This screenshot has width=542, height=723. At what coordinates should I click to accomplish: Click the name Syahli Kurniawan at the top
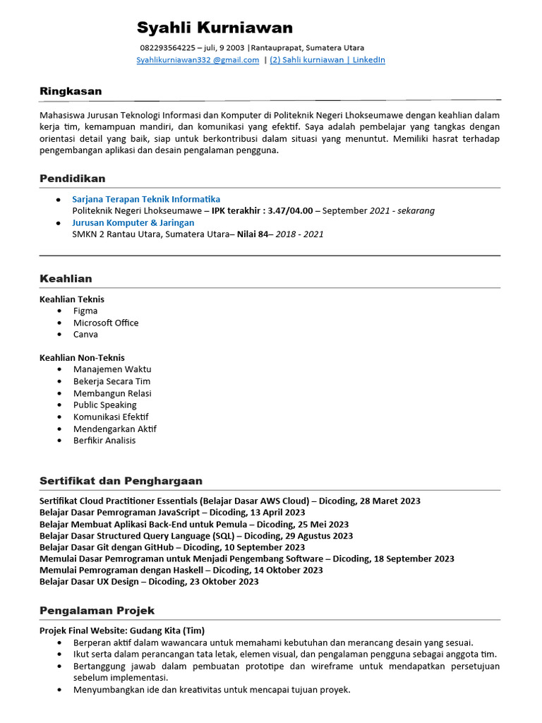tap(215, 28)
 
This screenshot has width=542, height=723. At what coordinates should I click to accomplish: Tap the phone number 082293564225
tap(167, 48)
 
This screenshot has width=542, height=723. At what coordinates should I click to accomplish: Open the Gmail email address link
tap(198, 60)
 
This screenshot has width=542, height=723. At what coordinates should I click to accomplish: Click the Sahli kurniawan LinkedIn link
tap(327, 60)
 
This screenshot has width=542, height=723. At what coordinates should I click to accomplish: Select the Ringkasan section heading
tap(71, 91)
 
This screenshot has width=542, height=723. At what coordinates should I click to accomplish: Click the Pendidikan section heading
tap(73, 179)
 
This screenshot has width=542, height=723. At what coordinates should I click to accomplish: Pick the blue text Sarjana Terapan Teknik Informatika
tap(146, 199)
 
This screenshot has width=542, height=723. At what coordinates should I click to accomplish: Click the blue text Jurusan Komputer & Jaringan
tap(133, 222)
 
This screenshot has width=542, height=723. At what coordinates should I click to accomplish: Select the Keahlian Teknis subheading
tap(72, 299)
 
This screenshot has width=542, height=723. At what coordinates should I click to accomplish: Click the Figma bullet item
tap(85, 311)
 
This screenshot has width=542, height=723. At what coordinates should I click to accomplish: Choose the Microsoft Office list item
tap(106, 323)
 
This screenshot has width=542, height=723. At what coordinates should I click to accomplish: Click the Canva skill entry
tap(85, 334)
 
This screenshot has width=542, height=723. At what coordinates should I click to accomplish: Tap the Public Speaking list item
tap(104, 405)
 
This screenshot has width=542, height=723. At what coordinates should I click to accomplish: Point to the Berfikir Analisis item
tap(104, 441)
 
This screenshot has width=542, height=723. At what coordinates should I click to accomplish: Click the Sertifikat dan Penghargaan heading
tap(121, 481)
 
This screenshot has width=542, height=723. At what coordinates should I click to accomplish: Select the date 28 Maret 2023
tap(390, 501)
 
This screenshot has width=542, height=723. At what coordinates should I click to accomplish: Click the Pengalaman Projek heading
tap(97, 610)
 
